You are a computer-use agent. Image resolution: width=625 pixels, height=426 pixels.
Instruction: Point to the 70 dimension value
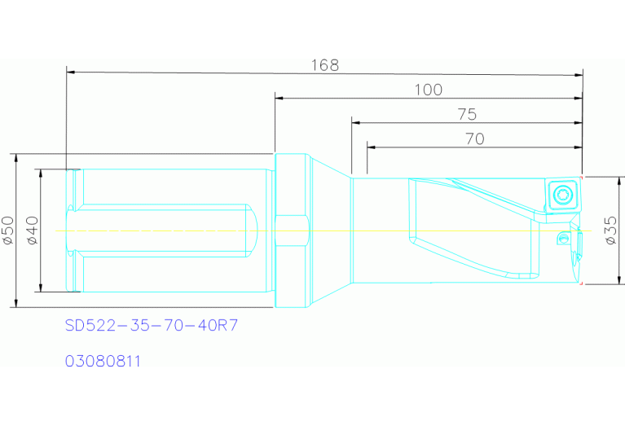(x=474, y=138)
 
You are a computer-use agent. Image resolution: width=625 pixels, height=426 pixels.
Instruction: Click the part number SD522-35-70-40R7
(x=152, y=326)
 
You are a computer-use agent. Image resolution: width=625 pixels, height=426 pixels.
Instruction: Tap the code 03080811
(x=103, y=360)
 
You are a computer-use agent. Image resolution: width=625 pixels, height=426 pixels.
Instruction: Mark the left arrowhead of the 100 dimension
(x=279, y=99)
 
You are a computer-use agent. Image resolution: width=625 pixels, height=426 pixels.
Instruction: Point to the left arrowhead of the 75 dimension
(x=355, y=123)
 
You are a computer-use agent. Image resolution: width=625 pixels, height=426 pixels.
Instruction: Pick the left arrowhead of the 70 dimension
(x=371, y=147)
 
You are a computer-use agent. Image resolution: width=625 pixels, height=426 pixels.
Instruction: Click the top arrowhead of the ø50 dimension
(x=15, y=157)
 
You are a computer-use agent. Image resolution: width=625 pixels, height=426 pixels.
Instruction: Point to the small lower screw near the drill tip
(x=561, y=239)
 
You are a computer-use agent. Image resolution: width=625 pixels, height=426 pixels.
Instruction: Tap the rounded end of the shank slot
(x=253, y=231)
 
